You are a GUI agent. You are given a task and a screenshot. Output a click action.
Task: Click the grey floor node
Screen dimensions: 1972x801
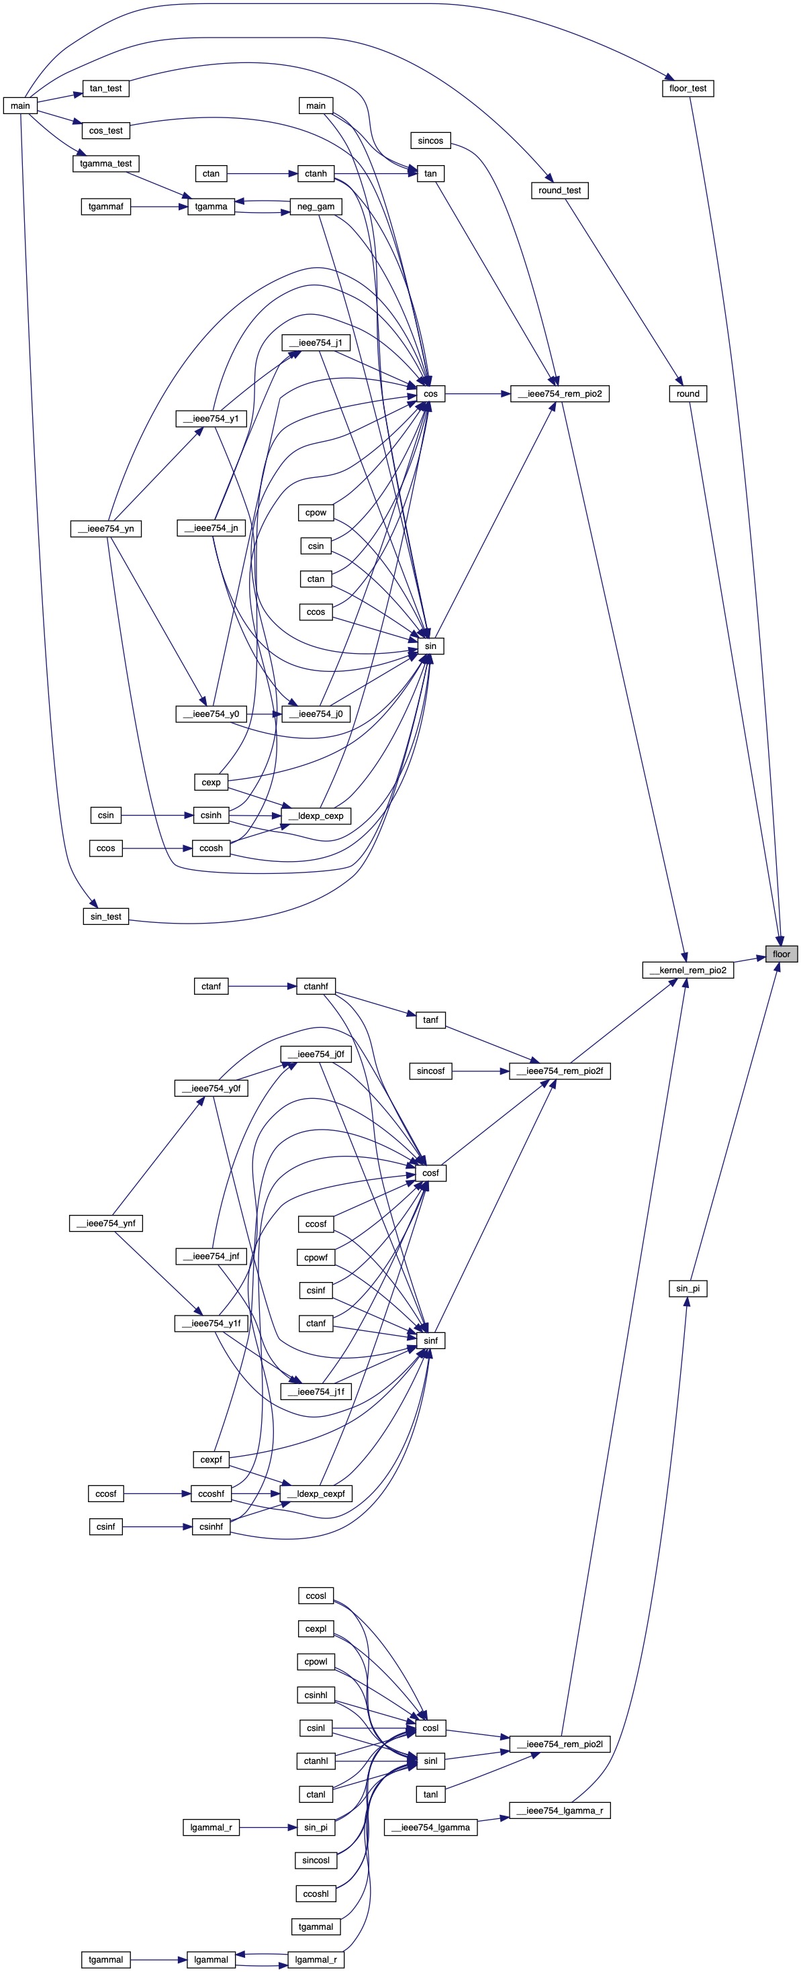click(x=781, y=954)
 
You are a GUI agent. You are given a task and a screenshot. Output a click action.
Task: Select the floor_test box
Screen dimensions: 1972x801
click(x=688, y=88)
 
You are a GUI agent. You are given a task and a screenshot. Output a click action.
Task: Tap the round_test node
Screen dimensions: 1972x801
click(x=559, y=190)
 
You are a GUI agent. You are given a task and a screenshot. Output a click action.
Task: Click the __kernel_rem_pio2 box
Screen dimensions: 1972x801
click(x=688, y=970)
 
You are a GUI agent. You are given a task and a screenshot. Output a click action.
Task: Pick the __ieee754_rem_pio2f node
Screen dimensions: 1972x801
click(x=559, y=1071)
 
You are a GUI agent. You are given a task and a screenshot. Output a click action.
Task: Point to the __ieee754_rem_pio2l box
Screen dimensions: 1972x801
click(x=559, y=1744)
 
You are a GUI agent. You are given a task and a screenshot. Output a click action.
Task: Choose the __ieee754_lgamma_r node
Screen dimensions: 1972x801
click(x=559, y=1810)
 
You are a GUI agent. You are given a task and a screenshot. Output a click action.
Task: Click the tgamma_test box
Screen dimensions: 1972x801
click(x=105, y=163)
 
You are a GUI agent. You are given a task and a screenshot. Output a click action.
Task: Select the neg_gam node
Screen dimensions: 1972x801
click(x=316, y=206)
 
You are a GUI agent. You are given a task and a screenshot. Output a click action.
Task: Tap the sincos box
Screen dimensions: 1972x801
click(x=430, y=140)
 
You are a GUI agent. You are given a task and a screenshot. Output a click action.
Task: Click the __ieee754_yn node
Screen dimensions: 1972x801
click(x=105, y=528)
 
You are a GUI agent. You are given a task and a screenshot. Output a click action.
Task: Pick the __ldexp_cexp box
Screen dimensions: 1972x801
click(x=316, y=816)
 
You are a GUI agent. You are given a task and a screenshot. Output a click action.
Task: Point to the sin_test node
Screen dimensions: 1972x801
click(x=105, y=916)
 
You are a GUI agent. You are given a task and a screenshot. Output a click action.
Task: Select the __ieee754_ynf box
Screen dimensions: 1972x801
click(x=105, y=1224)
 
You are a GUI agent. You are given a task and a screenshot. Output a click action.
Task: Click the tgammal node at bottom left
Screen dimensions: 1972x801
click(x=105, y=1960)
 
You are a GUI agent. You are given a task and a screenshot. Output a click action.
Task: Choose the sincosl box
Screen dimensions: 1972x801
click(x=316, y=1860)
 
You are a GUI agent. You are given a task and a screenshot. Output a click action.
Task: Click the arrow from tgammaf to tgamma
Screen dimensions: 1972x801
click(x=158, y=206)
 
